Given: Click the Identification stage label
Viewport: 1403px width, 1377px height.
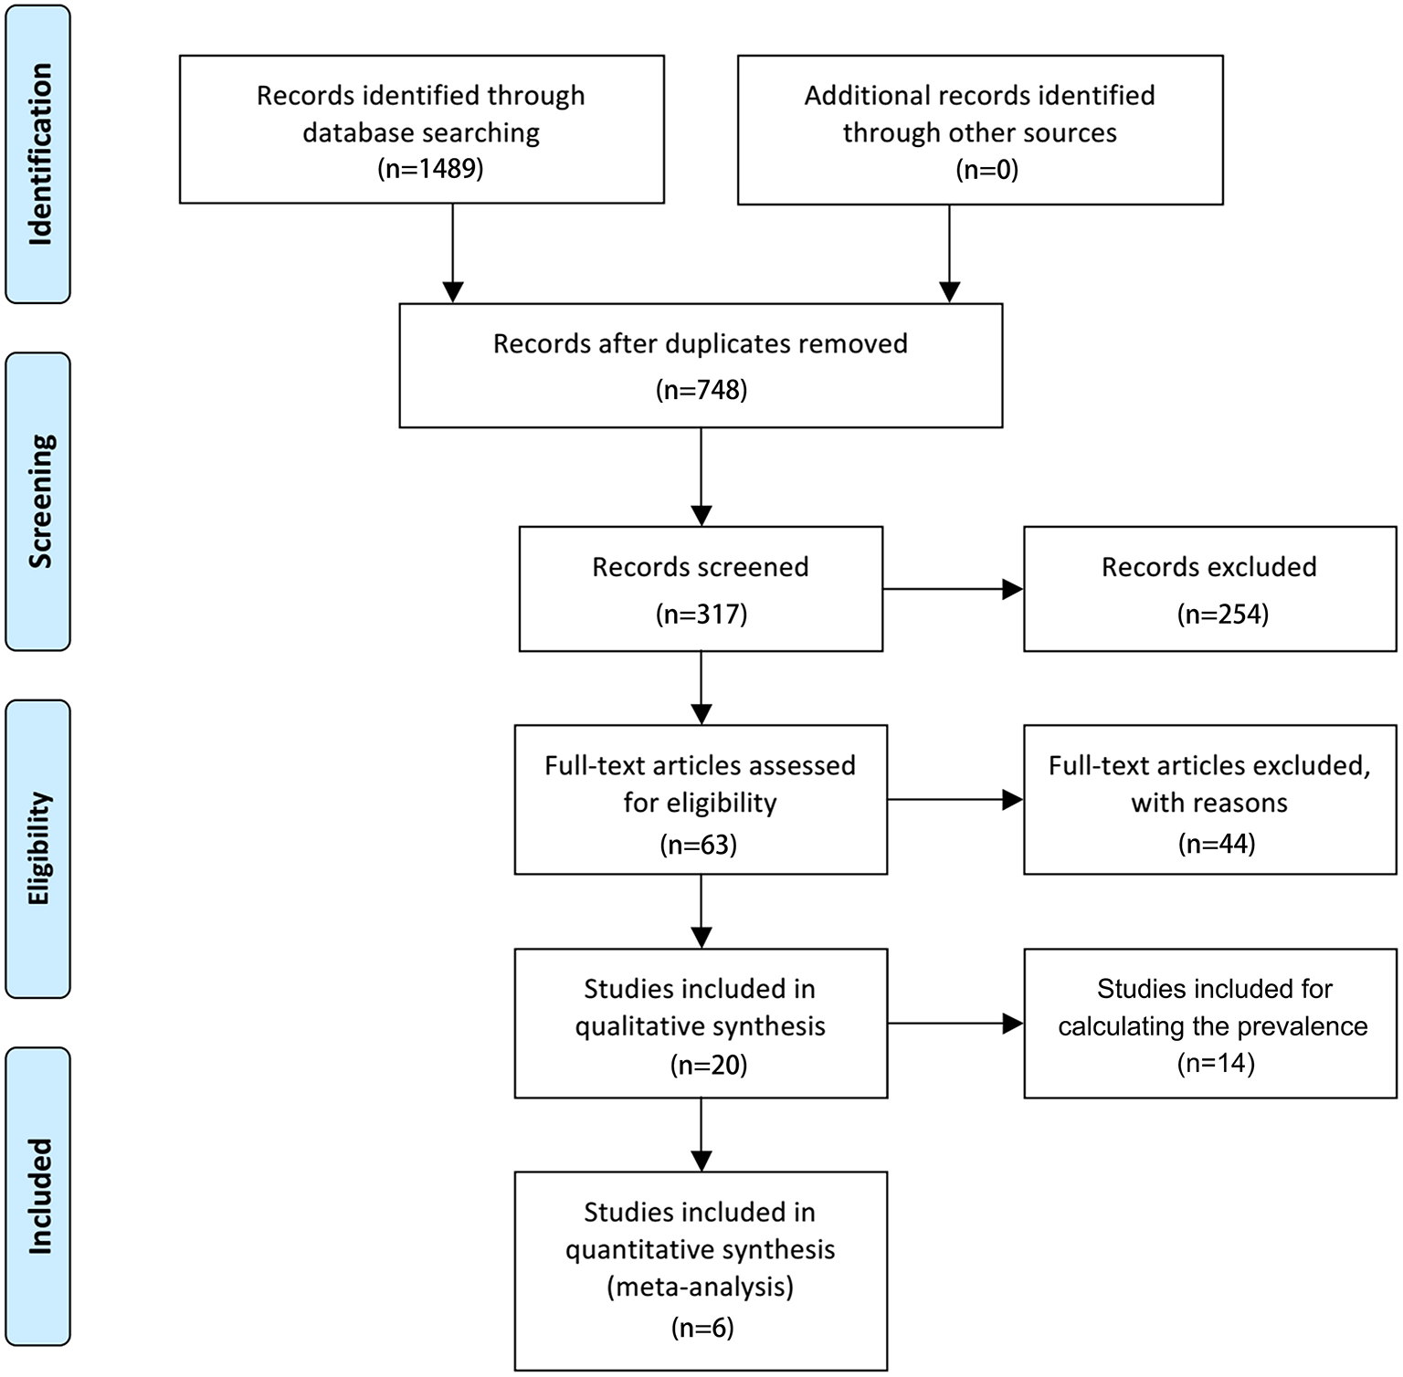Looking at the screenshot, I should point(38,153).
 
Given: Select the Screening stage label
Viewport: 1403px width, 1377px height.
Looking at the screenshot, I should point(38,501).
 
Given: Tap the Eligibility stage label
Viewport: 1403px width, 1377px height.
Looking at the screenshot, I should point(38,848).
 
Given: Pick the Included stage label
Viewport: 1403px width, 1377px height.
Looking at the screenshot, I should point(38,1195).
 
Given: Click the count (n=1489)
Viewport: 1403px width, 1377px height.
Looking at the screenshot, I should point(429,169).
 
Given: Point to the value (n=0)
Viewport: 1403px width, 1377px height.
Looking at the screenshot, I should point(986,169).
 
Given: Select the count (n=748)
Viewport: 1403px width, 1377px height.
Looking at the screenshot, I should point(701,390).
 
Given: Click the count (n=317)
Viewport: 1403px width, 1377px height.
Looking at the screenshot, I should point(701,614).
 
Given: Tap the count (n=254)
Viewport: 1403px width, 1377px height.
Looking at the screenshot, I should point(1222,614).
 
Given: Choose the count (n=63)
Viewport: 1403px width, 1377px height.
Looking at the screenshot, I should point(699,845).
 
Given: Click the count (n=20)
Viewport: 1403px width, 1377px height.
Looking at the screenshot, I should point(708,1065).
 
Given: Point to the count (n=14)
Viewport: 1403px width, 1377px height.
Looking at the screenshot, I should point(1216,1063).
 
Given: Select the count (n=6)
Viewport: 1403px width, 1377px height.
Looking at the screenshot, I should point(701,1327).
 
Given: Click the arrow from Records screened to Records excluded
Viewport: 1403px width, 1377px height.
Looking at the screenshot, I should point(953,589).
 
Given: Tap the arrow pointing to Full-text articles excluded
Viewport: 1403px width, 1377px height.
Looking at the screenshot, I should point(955,800).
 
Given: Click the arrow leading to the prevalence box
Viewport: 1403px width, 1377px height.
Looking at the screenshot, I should point(955,1024).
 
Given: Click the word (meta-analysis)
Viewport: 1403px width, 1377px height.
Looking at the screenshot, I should point(700,1287).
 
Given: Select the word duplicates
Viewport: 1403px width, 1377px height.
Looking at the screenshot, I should point(729,344).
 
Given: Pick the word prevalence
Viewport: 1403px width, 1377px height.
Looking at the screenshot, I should point(1302,1026).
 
